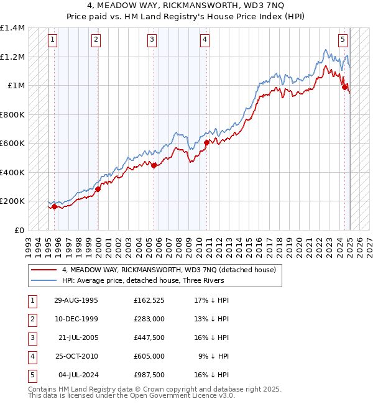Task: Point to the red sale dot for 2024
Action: click(344, 88)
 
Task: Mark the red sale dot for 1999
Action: click(98, 190)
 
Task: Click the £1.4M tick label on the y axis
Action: click(12, 29)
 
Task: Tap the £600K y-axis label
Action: click(12, 144)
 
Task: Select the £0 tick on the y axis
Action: click(19, 230)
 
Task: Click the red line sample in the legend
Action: click(44, 270)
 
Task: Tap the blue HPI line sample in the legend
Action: click(44, 280)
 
